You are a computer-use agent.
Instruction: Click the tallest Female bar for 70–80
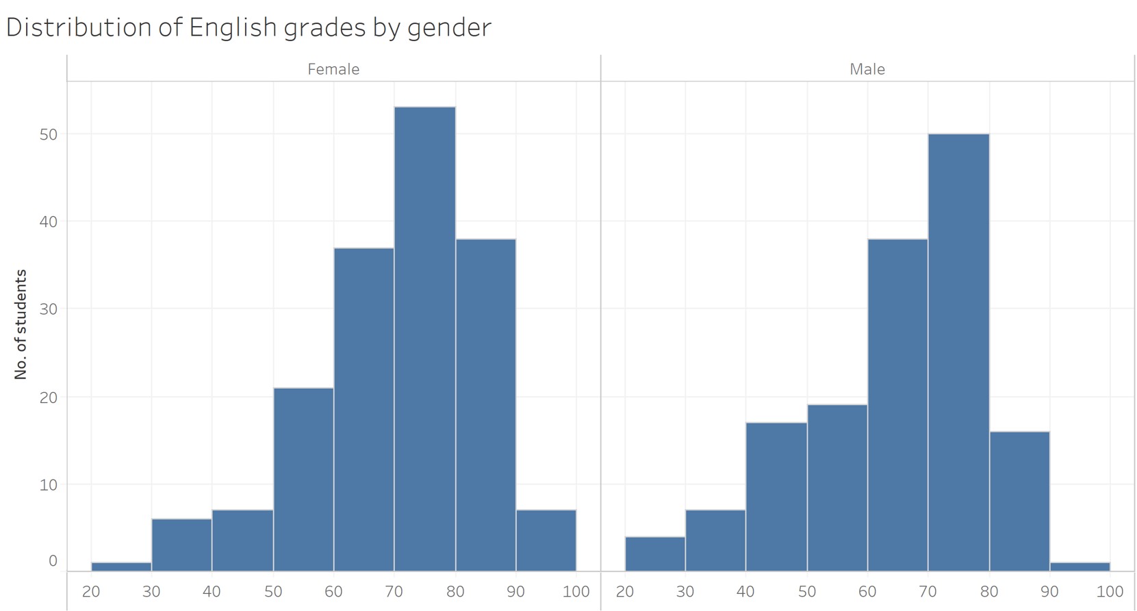424,339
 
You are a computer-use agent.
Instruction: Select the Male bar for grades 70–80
958,352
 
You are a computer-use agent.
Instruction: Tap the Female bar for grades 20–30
121,567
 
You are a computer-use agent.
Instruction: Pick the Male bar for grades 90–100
1079,567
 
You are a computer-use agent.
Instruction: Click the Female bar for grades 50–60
303,479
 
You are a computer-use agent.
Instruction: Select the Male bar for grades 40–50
776,497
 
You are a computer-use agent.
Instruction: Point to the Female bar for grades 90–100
546,541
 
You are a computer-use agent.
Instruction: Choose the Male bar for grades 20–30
654,554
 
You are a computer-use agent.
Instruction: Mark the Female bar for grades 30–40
181,545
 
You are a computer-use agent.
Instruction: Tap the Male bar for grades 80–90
1019,501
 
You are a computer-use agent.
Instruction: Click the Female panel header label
333,69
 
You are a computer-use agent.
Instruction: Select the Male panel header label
867,69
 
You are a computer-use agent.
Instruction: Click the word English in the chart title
231,27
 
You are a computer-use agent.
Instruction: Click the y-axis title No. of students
21,324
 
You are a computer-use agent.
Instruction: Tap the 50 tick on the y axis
49,134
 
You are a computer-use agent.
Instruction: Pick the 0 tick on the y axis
53,561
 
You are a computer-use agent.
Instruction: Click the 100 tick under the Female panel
576,591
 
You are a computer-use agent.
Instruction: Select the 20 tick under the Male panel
625,591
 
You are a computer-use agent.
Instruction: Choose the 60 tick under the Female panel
333,591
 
